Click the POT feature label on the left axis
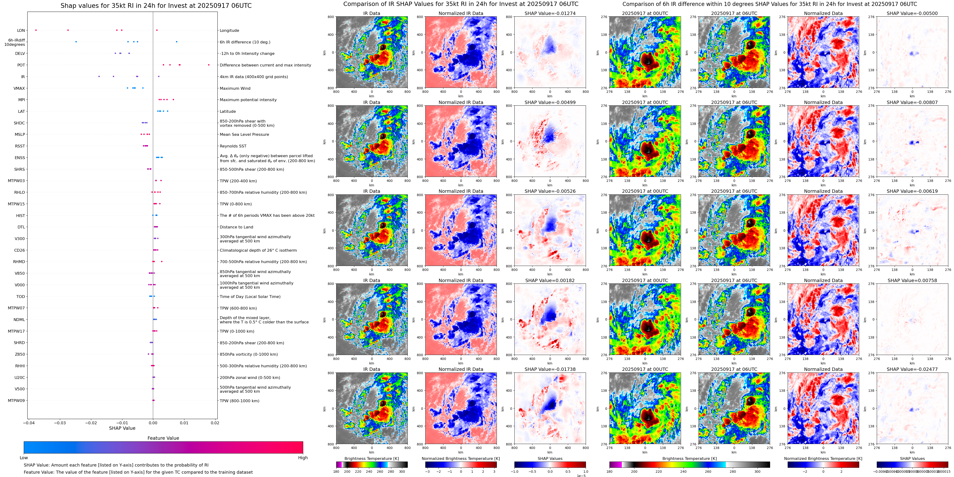(21, 65)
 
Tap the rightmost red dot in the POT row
(209, 65)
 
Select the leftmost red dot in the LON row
(36, 30)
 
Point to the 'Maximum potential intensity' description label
(248, 100)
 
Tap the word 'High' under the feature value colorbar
(302, 458)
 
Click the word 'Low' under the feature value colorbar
(24, 458)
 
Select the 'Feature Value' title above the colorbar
(163, 438)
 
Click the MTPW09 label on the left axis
(16, 400)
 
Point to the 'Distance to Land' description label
(236, 227)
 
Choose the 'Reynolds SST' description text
(233, 146)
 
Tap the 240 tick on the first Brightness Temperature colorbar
(369, 472)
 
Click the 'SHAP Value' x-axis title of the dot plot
(122, 428)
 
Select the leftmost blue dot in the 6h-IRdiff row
(76, 42)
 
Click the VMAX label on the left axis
(19, 88)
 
